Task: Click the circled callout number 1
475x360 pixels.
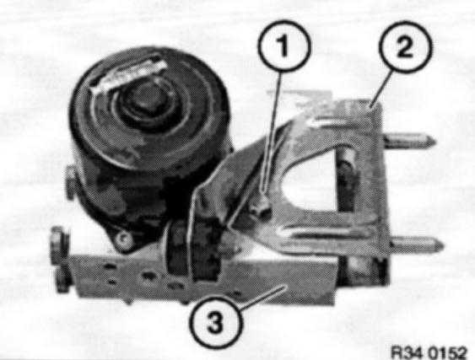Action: (284, 46)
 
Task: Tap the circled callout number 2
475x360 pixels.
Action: (405, 46)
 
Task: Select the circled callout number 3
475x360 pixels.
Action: (216, 322)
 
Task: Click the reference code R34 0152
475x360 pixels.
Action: (429, 352)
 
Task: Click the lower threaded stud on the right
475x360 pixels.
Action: (418, 244)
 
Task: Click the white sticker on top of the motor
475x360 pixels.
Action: (127, 76)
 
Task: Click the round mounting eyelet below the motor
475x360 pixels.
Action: (123, 240)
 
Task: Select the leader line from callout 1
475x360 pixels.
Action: (272, 132)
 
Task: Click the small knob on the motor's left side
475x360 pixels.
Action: (71, 184)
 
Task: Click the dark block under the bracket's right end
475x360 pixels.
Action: (364, 270)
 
